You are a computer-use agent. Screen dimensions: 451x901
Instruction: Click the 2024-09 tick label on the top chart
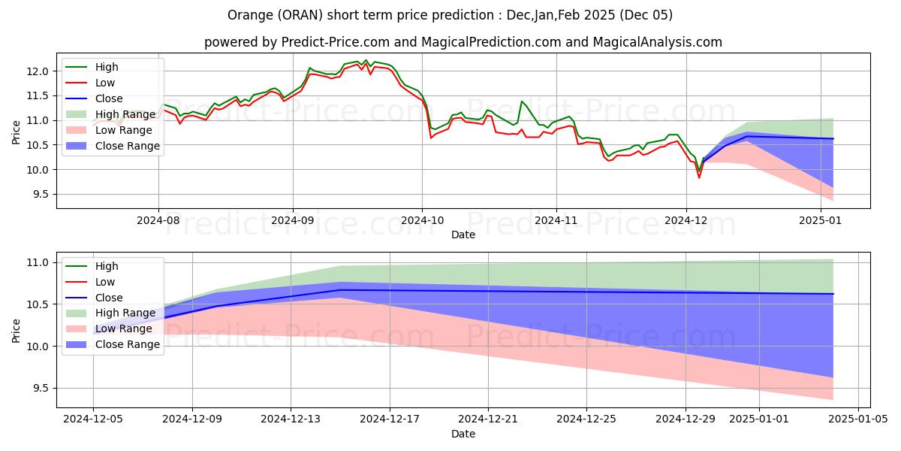(292, 222)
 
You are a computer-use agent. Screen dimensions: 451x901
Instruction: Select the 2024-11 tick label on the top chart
(556, 222)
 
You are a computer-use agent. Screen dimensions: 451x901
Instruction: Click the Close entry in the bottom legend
(109, 298)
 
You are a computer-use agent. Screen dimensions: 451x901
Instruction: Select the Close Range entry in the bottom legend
(128, 344)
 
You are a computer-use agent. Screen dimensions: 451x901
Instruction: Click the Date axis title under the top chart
(463, 235)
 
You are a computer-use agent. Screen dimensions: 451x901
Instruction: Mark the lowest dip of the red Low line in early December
(699, 177)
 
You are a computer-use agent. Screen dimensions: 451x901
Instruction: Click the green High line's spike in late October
(522, 101)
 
